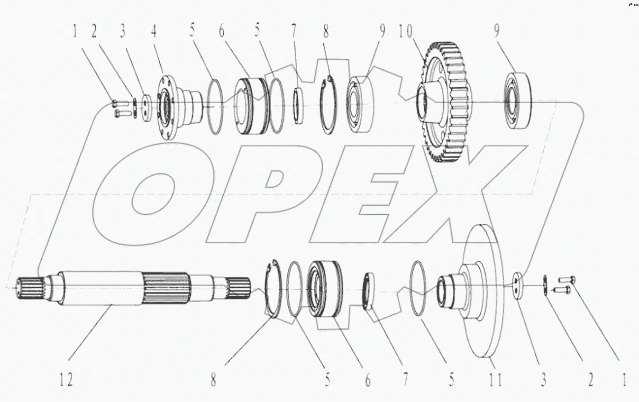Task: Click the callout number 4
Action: [154, 32]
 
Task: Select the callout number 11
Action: [496, 379]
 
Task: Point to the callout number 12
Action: [66, 380]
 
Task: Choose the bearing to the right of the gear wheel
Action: [519, 100]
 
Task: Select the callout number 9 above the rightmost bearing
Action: [496, 32]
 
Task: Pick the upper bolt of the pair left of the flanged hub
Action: [118, 103]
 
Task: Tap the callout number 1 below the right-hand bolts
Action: [624, 379]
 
